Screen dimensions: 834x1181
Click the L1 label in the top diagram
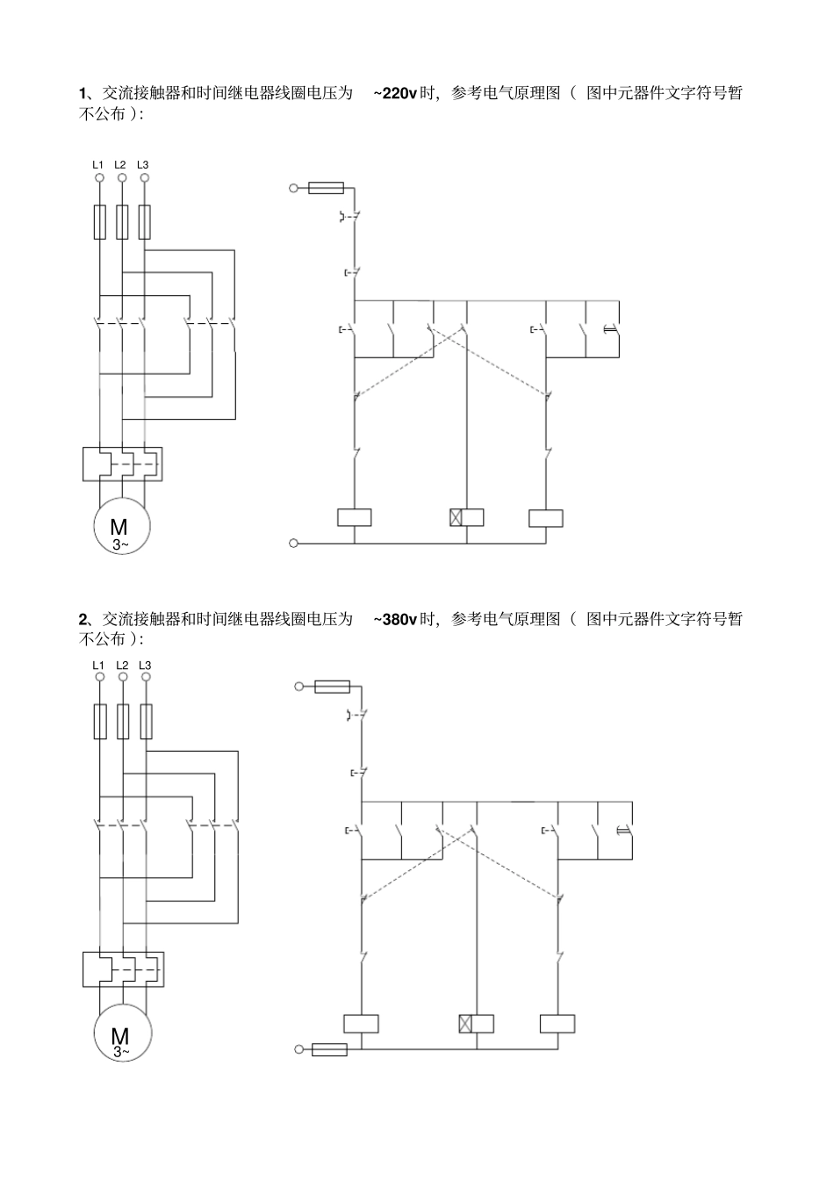point(98,164)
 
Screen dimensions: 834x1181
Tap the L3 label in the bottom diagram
point(145,666)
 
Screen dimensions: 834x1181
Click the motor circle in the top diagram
point(122,526)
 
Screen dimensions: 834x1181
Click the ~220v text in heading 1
point(395,93)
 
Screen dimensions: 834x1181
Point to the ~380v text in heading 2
point(395,619)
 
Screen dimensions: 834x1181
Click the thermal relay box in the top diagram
point(122,464)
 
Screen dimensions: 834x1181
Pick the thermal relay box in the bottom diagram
point(124,969)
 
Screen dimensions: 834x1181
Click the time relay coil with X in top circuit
point(466,517)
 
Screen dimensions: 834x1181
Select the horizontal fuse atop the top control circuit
point(326,188)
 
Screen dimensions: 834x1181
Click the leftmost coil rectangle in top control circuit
point(355,518)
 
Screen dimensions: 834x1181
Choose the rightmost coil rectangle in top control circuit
point(546,518)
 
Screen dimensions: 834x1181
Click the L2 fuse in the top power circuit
point(122,222)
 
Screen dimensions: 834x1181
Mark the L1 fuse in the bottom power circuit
point(99,721)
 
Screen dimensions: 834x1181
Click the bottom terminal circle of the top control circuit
point(293,543)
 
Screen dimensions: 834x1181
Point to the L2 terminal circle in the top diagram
point(122,177)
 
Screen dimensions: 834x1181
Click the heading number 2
point(83,619)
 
